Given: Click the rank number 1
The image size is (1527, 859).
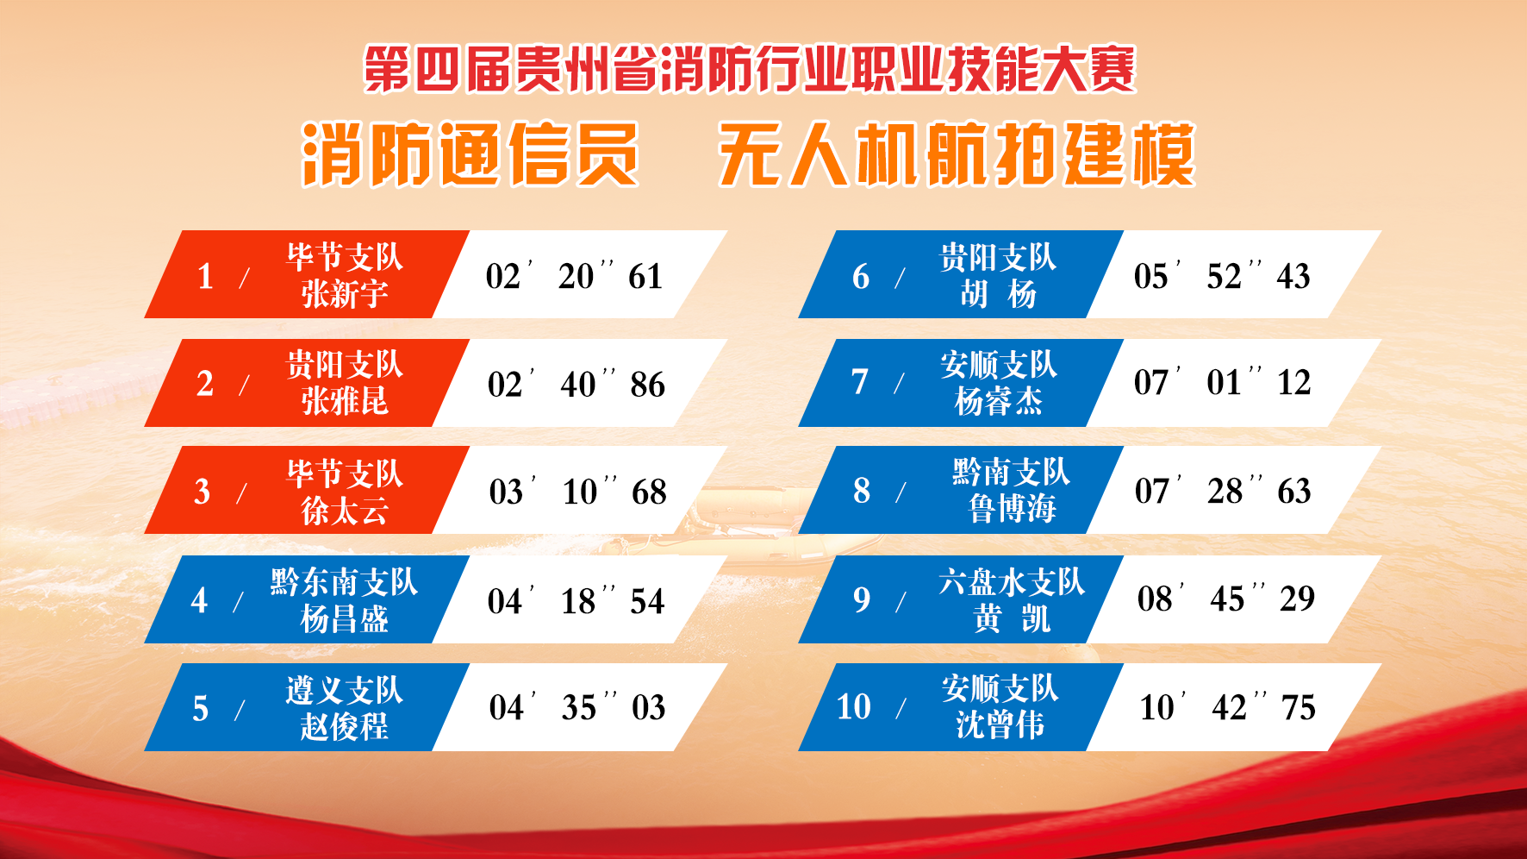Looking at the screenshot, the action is tap(205, 277).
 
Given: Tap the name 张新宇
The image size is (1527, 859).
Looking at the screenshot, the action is tap(345, 294).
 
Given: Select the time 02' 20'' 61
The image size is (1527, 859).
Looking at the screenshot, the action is tap(574, 276).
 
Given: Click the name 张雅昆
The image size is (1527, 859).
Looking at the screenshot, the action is tap(345, 401).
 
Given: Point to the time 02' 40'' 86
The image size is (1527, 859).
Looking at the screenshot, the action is tap(576, 384).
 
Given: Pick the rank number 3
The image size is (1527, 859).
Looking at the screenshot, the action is tap(202, 492).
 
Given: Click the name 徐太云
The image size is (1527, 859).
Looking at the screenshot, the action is tap(345, 511).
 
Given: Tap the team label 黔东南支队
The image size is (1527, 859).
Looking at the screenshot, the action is tap(345, 582).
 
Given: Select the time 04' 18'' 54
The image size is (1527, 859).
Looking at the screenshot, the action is tap(576, 600).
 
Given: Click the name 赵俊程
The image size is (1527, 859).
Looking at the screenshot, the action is tap(345, 726).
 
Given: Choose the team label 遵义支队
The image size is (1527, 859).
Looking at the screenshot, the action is tap(345, 690).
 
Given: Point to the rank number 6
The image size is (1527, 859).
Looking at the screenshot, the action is tap(861, 277).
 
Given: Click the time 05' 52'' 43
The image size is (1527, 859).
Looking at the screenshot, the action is tap(1222, 276).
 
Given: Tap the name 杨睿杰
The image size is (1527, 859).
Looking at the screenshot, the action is tap(999, 401).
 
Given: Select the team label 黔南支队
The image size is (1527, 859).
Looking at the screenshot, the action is tap(1012, 472).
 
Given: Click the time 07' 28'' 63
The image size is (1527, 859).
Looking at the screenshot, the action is tap(1223, 491).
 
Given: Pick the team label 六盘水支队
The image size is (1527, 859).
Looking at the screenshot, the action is tap(1012, 582).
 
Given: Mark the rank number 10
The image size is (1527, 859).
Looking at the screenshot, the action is tap(854, 707).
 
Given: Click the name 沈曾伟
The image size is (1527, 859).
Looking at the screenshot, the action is tap(1000, 724).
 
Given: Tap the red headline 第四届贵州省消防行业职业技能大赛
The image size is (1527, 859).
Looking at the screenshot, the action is tap(750, 69).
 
